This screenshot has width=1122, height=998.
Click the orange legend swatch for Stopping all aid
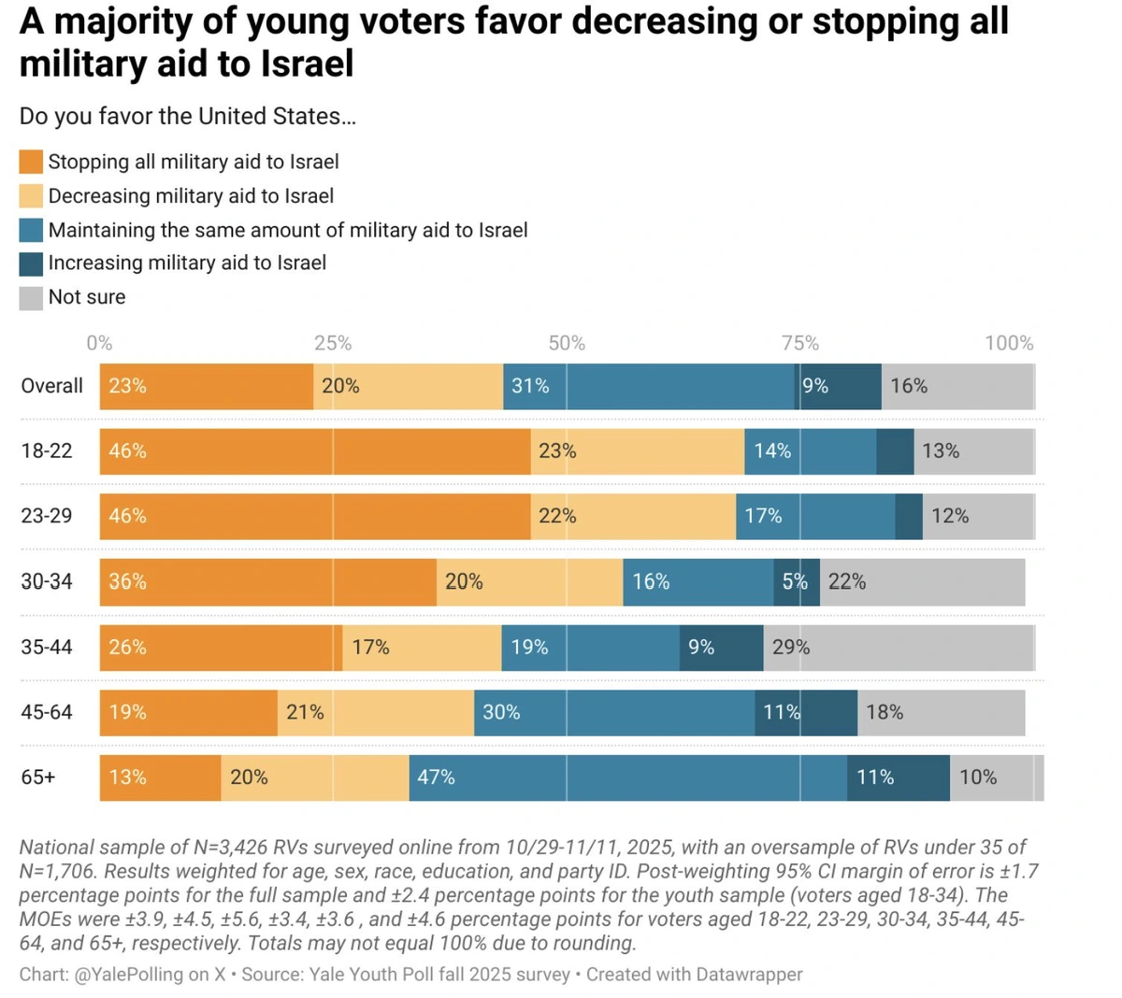(x=31, y=162)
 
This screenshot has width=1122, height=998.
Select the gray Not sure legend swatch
(x=31, y=297)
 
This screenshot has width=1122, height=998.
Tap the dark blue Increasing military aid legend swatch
(x=31, y=264)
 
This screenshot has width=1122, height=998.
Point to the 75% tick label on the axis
(x=800, y=343)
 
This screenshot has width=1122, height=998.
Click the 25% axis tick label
(x=333, y=343)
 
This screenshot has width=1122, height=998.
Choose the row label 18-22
(x=47, y=450)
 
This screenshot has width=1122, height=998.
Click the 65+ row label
(x=38, y=777)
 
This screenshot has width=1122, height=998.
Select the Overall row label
(x=52, y=386)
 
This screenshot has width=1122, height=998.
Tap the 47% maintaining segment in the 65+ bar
(x=627, y=777)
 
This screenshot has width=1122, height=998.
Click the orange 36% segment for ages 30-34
(x=267, y=581)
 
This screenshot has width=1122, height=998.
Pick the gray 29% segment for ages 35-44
(x=899, y=647)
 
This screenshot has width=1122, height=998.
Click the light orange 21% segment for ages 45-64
(x=375, y=712)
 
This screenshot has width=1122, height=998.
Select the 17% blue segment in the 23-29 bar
(x=814, y=516)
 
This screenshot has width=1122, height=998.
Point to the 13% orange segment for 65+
(x=160, y=777)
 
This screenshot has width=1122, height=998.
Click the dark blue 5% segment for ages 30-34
(x=796, y=581)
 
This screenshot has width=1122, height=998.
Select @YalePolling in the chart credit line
(x=128, y=974)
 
